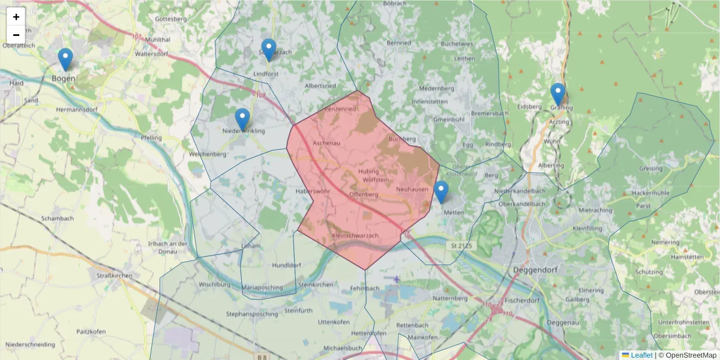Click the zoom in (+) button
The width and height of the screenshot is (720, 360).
click(x=16, y=17)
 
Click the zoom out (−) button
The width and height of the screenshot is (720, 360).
click(x=16, y=35)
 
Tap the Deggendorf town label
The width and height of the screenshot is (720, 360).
click(x=536, y=270)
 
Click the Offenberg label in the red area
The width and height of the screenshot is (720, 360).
click(x=363, y=194)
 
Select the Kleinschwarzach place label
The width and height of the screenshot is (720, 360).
click(x=355, y=235)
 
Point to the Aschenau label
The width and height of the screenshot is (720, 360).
click(x=327, y=143)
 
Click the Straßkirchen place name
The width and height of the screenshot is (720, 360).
click(x=114, y=275)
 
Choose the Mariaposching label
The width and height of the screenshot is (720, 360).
click(x=262, y=287)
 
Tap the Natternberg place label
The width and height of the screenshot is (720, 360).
click(x=449, y=298)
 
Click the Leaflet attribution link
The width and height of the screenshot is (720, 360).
click(x=641, y=355)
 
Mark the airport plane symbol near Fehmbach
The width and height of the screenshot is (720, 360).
click(x=397, y=279)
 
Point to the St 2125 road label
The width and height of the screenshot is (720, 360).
click(x=460, y=245)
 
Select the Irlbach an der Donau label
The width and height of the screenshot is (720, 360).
click(x=168, y=248)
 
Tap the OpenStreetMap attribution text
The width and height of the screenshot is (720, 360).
click(x=689, y=355)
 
